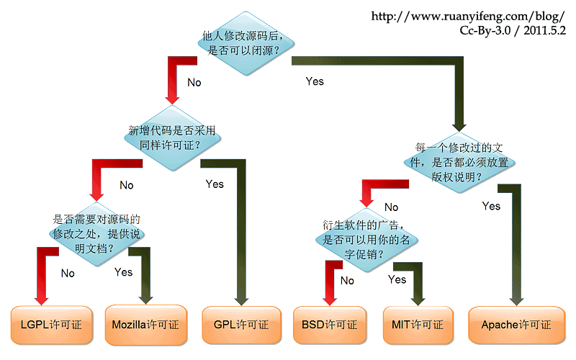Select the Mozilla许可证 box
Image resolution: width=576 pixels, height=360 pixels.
pos(145,325)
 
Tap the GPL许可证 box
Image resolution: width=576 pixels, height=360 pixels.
pos(241,325)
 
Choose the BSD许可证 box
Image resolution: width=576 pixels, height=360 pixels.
pos(330,325)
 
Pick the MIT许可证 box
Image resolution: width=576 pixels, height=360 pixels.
pos(418,325)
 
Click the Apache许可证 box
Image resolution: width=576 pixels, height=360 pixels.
pos(516,325)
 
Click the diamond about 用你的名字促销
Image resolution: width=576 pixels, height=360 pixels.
pos(366,238)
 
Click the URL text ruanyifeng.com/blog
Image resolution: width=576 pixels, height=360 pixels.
pos(468,16)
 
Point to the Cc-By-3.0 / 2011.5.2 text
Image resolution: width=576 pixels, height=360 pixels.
pos(513,31)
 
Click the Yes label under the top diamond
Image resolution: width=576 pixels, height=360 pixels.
pos(315,81)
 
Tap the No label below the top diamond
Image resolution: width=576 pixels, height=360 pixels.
pos(194,83)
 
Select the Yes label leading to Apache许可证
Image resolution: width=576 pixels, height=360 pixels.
pos(491,206)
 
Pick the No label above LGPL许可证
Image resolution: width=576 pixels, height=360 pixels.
pos(68,273)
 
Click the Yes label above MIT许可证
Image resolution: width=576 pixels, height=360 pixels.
pos(397,279)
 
